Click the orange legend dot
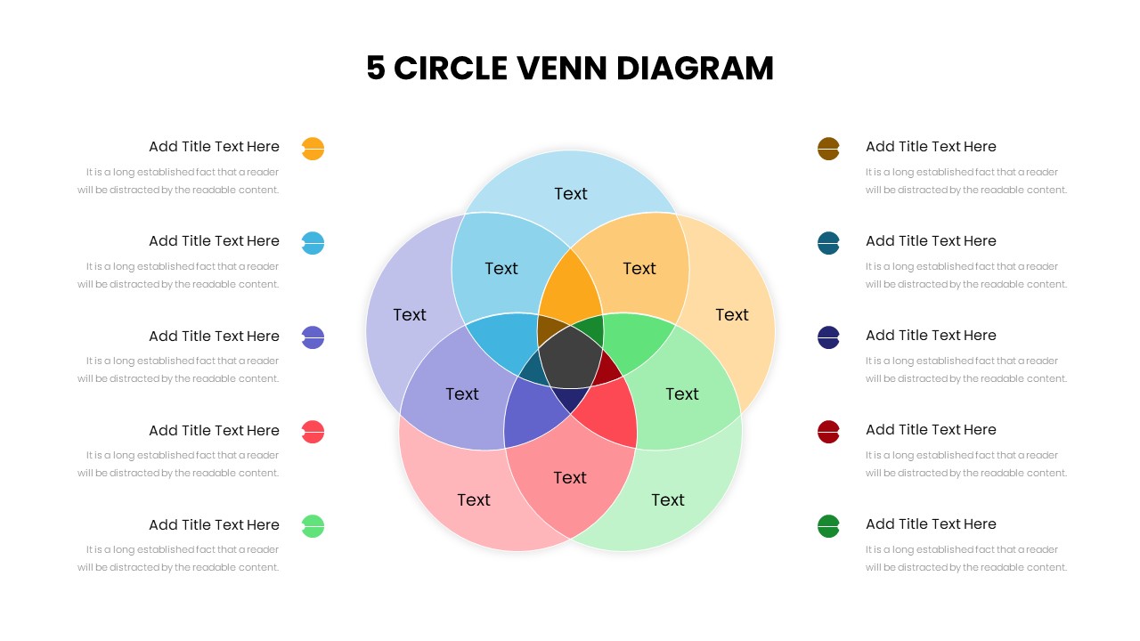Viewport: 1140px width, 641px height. point(313,149)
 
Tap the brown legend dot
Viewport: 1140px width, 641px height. point(828,149)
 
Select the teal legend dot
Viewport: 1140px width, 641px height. point(828,243)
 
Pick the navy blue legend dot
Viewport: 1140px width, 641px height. point(828,337)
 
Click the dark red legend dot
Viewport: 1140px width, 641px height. point(828,432)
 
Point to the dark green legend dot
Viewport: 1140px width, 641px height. point(828,526)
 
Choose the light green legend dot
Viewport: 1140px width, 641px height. point(313,526)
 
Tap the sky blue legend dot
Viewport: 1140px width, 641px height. point(313,243)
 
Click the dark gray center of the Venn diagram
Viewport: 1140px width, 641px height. point(571,357)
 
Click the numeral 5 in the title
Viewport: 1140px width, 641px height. point(376,69)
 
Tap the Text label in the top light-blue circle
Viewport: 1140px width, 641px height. point(571,194)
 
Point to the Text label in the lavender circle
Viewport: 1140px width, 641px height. point(409,315)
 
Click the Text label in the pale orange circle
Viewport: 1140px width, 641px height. point(732,315)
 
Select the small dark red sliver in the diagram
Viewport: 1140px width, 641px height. point(608,369)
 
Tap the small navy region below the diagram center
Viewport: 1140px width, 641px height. point(571,398)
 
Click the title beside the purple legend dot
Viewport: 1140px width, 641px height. point(214,337)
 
